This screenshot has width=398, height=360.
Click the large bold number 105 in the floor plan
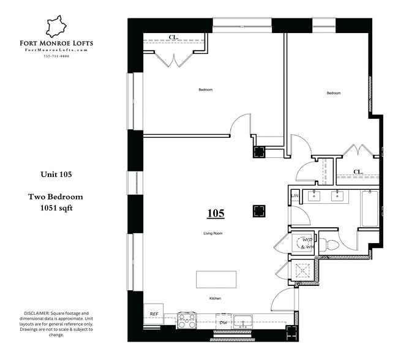coord(216,214)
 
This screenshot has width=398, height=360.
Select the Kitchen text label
coord(214,298)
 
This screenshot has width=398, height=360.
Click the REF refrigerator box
coord(154,314)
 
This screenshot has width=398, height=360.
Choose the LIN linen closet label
coord(294,196)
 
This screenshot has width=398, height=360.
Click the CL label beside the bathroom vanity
coord(358,172)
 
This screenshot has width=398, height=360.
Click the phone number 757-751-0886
coord(56,56)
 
